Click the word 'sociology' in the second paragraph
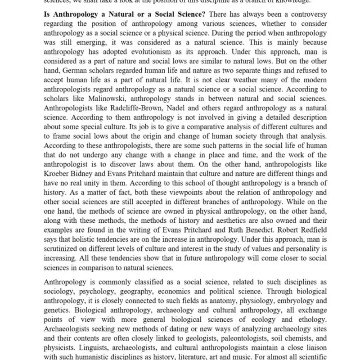[59, 292]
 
